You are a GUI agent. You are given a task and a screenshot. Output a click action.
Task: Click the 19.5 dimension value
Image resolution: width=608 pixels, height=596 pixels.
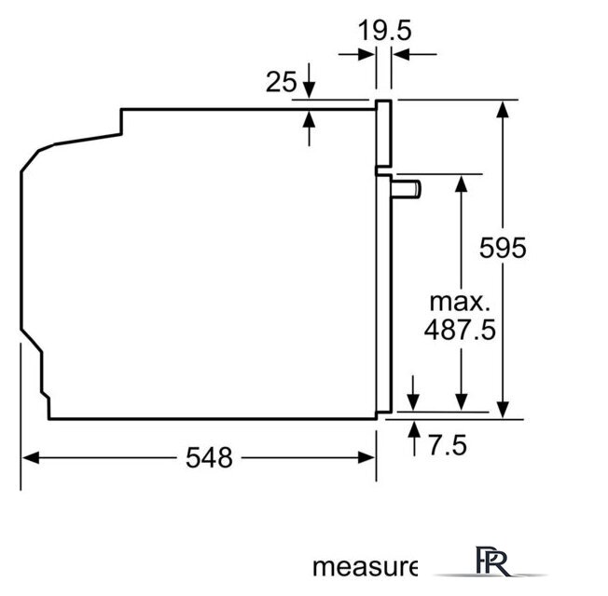[385, 31]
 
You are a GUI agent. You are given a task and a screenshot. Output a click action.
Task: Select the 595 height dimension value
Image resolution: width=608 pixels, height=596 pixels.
[503, 248]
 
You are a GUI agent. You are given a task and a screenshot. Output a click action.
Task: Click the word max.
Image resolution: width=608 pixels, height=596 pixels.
[459, 302]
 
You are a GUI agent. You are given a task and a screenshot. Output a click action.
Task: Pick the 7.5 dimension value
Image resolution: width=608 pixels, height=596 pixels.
[447, 446]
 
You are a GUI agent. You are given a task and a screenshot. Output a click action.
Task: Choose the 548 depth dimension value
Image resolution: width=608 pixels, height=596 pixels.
[208, 457]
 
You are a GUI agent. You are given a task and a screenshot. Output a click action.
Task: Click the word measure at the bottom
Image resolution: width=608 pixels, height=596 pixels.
[364, 566]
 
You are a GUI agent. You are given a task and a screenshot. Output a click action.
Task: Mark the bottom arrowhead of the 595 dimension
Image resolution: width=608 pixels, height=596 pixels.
[503, 409]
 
